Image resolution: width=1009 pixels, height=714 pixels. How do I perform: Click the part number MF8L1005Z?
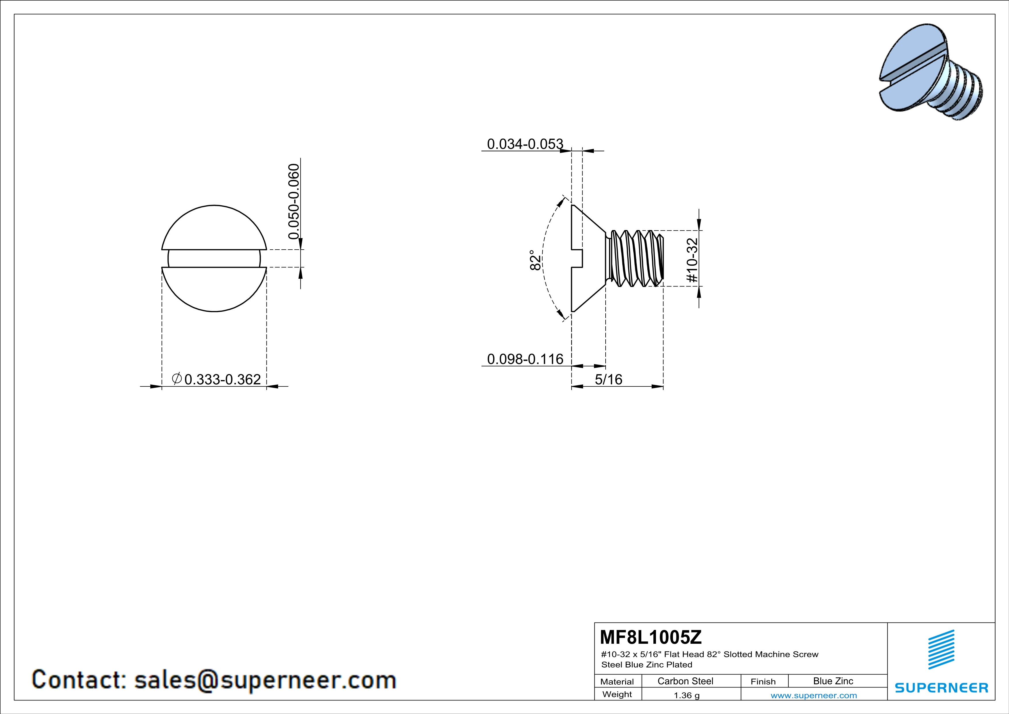point(651,636)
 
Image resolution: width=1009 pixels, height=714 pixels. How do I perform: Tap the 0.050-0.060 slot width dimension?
point(293,201)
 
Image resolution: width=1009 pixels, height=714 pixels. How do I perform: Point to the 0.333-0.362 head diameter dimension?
point(216,379)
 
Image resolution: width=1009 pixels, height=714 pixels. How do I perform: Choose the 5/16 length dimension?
point(609,379)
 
